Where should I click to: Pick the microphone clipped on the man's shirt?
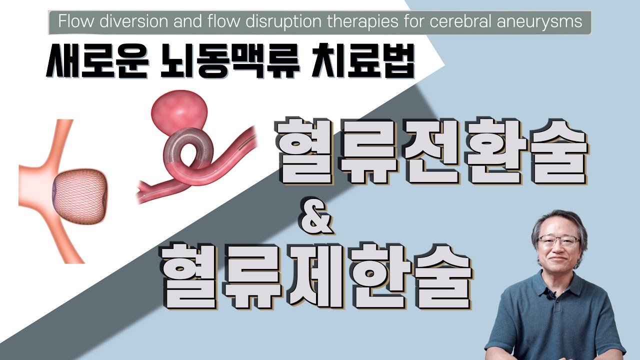551,295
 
